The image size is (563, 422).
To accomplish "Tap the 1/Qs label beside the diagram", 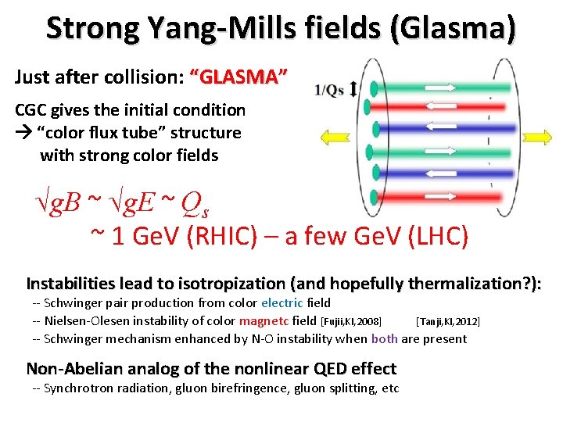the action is [329, 90].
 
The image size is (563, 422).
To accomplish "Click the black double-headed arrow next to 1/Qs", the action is [353, 89].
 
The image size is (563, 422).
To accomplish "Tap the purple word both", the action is [384, 338].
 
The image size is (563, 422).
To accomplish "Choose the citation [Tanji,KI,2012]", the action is [448, 321].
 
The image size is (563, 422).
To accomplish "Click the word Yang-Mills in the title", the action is [188, 28].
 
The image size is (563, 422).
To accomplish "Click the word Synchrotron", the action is [81, 388].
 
